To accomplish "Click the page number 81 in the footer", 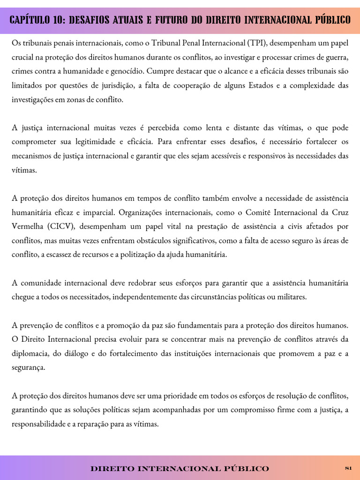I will (x=348, y=468).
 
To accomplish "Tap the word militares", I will (x=292, y=297).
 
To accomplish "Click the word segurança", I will (x=28, y=367).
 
